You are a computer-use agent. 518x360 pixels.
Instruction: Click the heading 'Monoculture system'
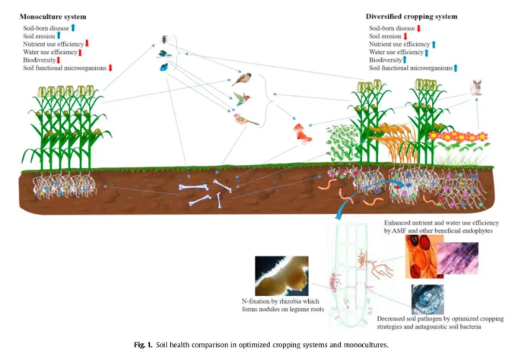53,16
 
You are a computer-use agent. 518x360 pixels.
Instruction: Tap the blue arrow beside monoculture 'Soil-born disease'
73,27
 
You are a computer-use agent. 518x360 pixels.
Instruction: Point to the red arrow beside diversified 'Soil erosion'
407,36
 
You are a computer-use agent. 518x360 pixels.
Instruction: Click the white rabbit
475,88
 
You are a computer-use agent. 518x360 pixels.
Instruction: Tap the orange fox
303,135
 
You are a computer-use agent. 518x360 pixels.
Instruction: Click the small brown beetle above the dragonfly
166,39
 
